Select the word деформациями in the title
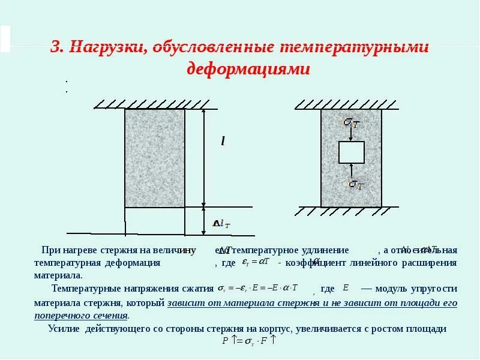(248, 69)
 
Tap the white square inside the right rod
(351, 152)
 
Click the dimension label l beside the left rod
(223, 142)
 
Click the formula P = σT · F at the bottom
(248, 341)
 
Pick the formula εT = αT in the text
(256, 262)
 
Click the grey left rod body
(154, 157)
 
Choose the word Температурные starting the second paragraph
(82, 288)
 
